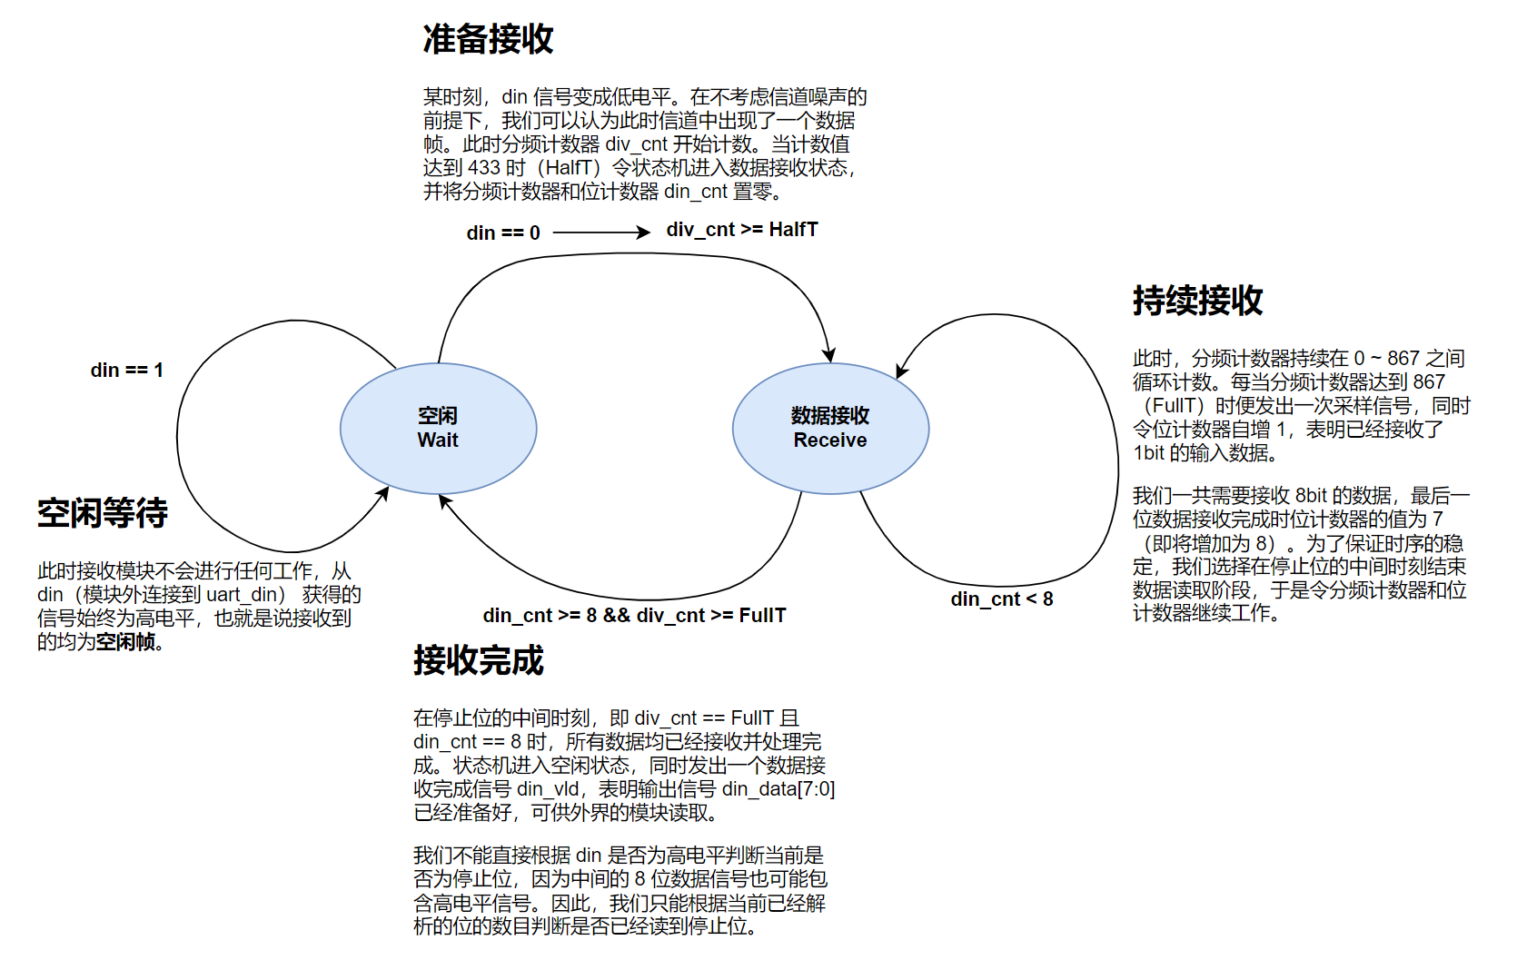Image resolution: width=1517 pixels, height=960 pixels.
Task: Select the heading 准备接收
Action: point(488,40)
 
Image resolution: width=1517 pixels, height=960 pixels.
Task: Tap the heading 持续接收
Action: point(1197,301)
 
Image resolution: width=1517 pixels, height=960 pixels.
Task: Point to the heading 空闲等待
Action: point(103,513)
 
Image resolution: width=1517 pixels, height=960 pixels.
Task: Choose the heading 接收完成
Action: point(478,660)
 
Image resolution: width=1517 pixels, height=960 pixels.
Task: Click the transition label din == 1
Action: point(126,371)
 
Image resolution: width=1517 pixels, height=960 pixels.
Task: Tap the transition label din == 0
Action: point(502,233)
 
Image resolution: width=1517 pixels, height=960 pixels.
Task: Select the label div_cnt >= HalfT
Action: point(741,230)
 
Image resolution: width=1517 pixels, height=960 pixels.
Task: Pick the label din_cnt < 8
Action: point(1001,599)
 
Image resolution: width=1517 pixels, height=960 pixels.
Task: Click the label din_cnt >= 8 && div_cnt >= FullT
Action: point(634,616)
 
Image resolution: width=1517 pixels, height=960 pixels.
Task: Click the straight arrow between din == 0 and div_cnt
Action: point(600,233)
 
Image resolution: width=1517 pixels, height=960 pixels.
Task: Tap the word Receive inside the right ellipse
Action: point(830,440)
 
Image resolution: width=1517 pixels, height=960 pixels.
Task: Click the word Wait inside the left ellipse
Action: point(438,440)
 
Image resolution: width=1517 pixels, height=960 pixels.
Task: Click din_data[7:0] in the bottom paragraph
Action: point(778,789)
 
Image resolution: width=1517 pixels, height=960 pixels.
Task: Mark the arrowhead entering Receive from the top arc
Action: point(828,355)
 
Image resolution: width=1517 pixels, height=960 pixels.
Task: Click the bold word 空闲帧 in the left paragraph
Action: point(125,642)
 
